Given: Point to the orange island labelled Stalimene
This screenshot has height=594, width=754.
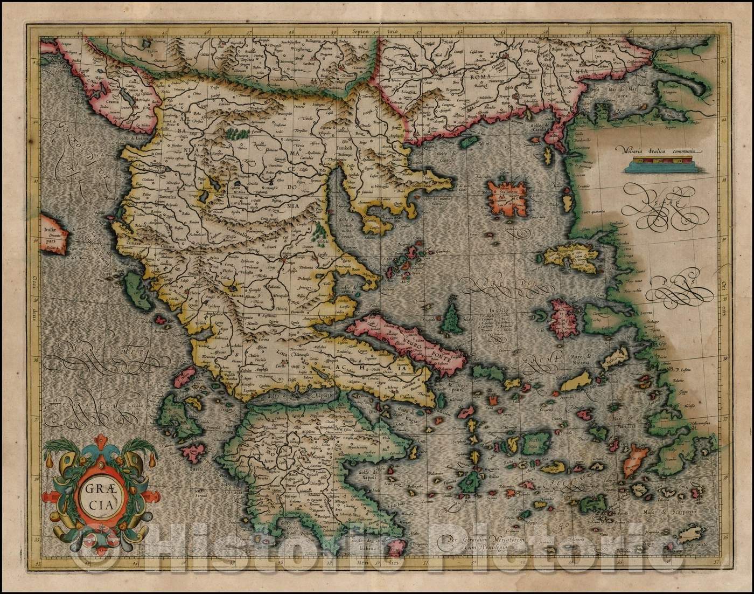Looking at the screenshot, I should (509, 196).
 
